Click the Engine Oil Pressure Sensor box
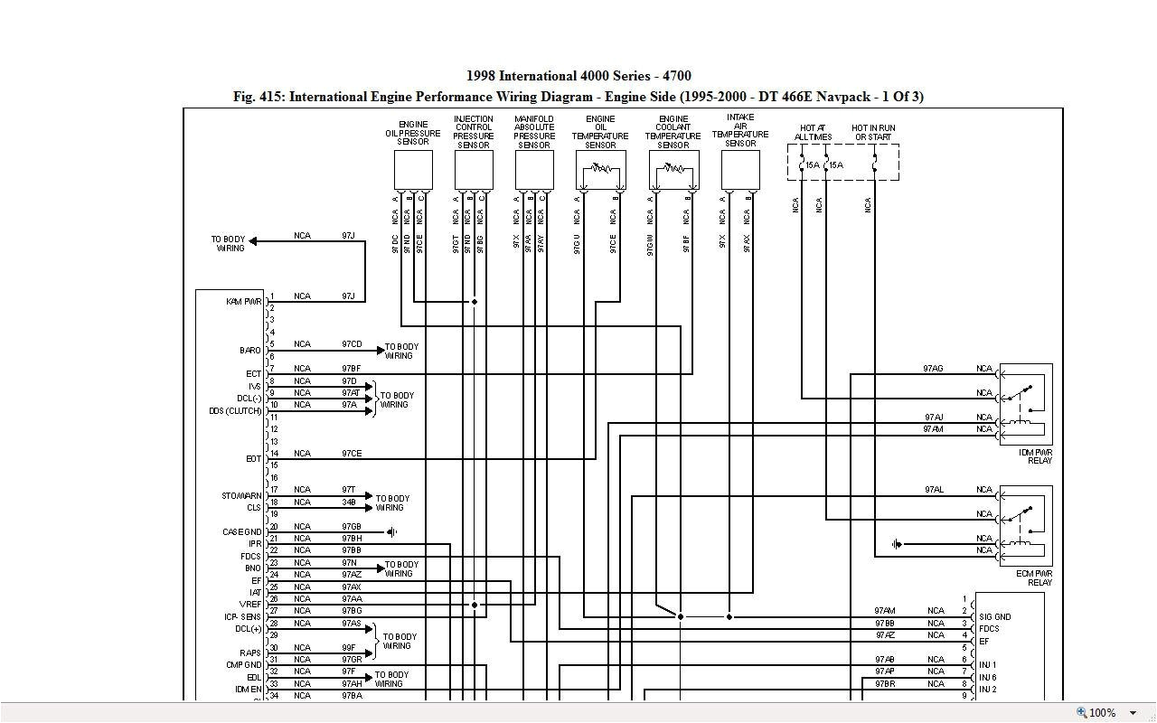tap(413, 170)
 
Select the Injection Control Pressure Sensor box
tap(474, 170)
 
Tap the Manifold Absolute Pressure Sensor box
tap(534, 170)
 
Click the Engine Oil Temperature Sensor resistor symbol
tap(600, 168)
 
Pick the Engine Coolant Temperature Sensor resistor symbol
tap(673, 168)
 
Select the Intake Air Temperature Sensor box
tap(740, 170)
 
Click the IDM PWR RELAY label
tap(1035, 456)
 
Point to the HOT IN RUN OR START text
tap(873, 133)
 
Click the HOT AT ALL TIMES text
tap(813, 133)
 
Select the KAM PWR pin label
tap(243, 301)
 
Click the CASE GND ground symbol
tap(391, 532)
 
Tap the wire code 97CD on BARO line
tap(352, 344)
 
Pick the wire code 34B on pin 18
tap(349, 502)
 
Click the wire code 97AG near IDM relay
tap(933, 369)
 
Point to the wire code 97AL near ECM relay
tap(934, 490)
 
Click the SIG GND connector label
tap(994, 617)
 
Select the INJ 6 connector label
tap(987, 677)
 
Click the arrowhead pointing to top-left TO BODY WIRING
tap(254, 241)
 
